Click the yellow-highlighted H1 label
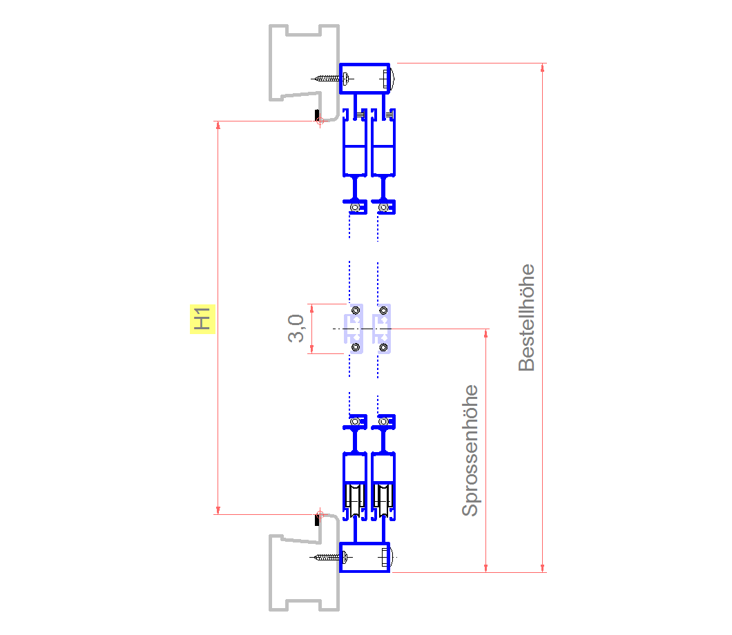click(202, 319)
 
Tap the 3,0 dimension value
click(296, 329)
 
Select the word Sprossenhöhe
click(470, 450)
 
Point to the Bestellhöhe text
click(526, 317)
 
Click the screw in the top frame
click(329, 79)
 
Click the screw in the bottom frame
click(329, 556)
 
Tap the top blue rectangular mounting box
click(365, 79)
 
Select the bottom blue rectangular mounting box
click(365, 557)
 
